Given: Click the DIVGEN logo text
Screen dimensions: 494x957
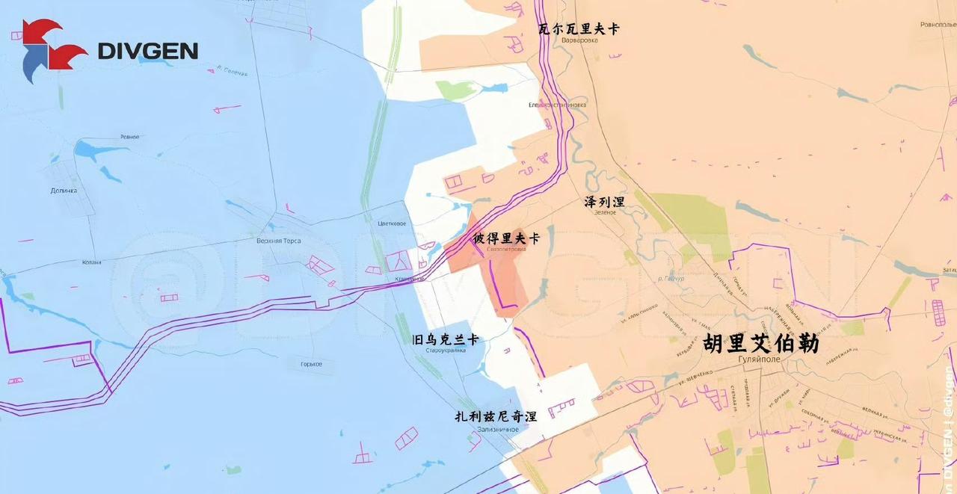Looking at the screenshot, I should tap(148, 51).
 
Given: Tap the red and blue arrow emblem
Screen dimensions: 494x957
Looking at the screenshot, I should tap(51, 50).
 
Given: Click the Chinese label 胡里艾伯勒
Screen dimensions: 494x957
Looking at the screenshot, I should tap(761, 344).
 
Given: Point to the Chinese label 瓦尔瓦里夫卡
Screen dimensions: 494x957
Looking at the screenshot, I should tap(579, 29).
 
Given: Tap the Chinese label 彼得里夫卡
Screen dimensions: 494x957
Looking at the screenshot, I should tap(506, 238).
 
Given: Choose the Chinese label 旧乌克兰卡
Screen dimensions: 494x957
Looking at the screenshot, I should tap(446, 340).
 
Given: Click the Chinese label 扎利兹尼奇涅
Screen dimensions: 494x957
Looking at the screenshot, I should tap(496, 417).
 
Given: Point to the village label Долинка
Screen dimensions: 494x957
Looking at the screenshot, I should tap(64, 191).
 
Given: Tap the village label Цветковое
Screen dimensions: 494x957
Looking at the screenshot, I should tap(392, 223).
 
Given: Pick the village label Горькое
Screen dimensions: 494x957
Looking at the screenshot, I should tap(311, 364).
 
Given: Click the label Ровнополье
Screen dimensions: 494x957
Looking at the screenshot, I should tap(938, 25).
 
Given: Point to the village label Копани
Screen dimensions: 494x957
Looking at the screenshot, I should tap(91, 262).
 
